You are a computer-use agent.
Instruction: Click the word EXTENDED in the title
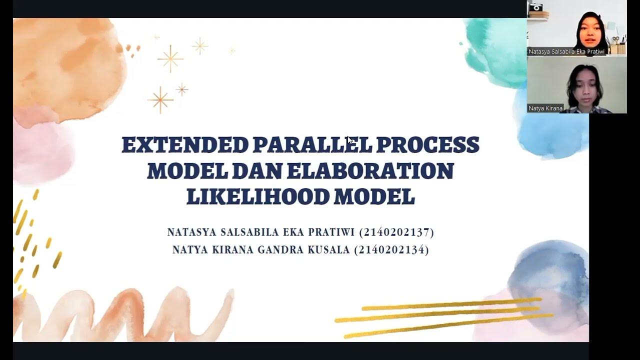pyautogui.click(x=185, y=145)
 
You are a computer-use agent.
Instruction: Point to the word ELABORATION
pyautogui.click(x=369, y=171)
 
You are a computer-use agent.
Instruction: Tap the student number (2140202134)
pyautogui.click(x=391, y=250)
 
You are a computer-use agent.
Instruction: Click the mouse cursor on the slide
pyautogui.click(x=350, y=140)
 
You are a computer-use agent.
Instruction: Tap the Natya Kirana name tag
pyautogui.click(x=545, y=108)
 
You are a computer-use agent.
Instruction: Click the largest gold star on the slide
pyautogui.click(x=170, y=58)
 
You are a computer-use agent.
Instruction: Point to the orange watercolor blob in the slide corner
pyautogui.click(x=67, y=65)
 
